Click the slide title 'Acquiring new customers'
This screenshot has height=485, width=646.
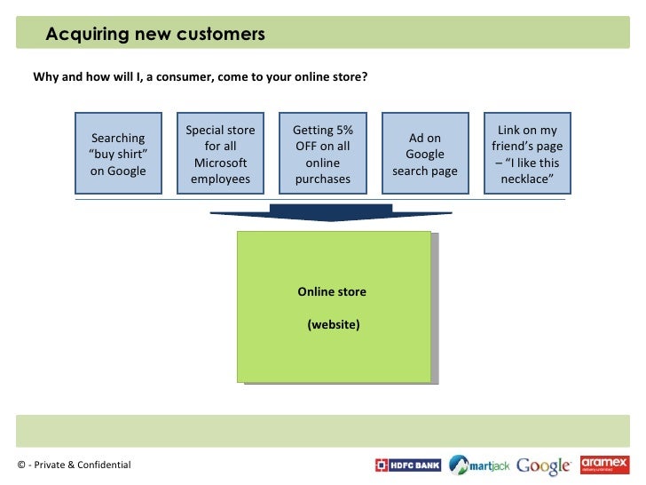[155, 35]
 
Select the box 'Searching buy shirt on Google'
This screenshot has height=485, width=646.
[118, 154]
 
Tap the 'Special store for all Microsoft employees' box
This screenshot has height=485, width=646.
[220, 154]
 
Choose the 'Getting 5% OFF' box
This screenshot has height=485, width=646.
[323, 154]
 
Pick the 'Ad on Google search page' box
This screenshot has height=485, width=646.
[425, 154]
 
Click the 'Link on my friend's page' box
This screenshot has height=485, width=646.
[527, 154]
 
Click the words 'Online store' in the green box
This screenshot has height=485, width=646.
[332, 292]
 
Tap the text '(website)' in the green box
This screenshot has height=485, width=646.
[334, 324]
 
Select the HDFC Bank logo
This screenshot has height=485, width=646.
[408, 465]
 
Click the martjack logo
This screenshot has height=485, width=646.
[479, 465]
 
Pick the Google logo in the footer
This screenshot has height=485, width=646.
[543, 465]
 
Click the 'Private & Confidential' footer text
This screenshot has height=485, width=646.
[79, 465]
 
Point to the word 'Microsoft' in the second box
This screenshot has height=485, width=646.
[220, 163]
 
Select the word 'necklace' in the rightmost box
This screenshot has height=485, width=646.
[527, 179]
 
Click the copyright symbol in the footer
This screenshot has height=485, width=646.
[21, 465]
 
